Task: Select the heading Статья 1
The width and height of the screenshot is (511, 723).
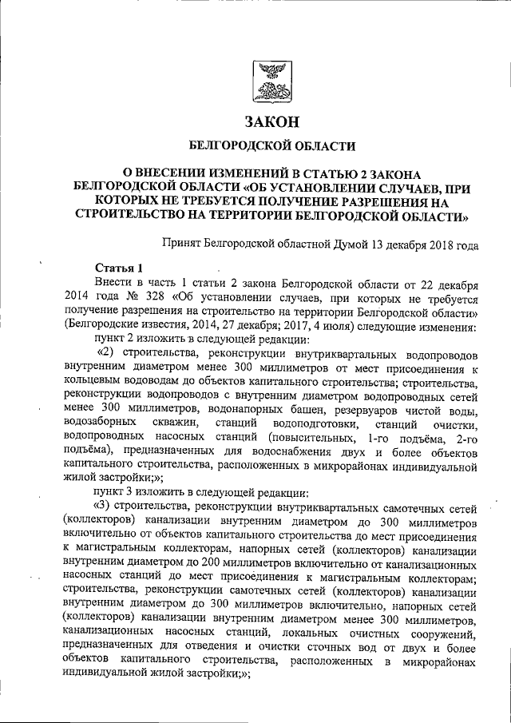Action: [118, 268]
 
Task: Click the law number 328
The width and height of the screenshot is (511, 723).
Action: [146, 296]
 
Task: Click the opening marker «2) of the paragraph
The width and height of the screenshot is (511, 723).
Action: [105, 354]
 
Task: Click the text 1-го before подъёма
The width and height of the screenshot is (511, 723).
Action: [379, 439]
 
